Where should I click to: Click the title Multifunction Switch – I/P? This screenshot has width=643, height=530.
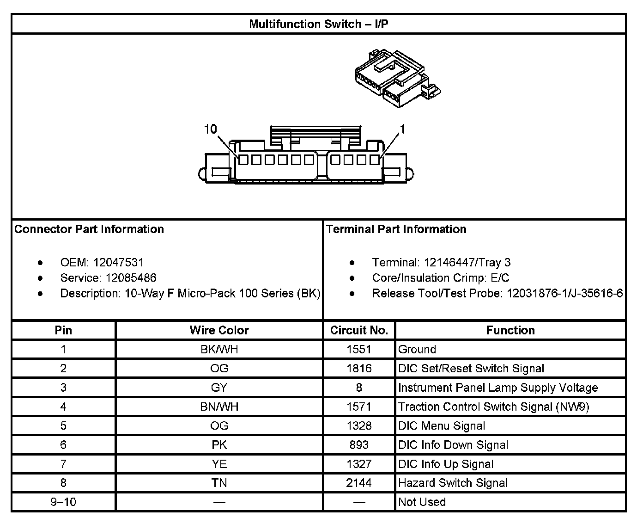pos(318,24)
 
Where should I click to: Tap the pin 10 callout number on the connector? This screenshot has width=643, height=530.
pos(210,129)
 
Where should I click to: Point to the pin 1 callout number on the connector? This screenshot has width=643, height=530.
pos(402,129)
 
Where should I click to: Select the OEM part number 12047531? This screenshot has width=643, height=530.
pos(118,262)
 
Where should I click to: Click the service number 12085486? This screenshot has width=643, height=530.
pos(131,277)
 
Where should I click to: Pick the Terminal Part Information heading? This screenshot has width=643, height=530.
pos(396,229)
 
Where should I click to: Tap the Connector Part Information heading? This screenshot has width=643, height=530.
pos(89,229)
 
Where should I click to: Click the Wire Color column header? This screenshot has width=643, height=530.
pos(219,330)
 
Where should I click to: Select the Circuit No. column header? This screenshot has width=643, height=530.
pos(359,330)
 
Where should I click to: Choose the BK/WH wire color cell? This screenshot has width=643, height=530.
pos(219,349)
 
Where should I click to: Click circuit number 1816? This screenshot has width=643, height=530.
pos(359,369)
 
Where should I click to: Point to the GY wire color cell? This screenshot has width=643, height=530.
pos(219,388)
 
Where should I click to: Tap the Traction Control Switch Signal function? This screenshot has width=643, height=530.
pos(493,407)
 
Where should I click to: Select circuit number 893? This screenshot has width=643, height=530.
pos(359,445)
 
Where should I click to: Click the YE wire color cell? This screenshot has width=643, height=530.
pos(219,464)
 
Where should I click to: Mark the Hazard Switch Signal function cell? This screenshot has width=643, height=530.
pos(453,483)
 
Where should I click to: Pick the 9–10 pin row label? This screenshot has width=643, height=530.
pos(63,502)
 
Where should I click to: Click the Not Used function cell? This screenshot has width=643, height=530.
pos(422,502)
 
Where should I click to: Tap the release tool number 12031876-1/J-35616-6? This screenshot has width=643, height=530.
pos(564,293)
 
